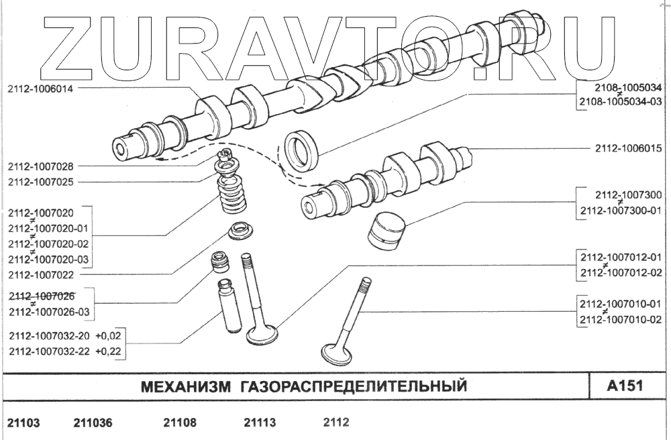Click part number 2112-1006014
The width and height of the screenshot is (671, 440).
pos(41,87)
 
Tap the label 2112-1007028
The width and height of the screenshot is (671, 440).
pos(41,166)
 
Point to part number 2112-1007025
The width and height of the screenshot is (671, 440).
pos(41,182)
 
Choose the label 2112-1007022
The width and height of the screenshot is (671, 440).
pos(41,274)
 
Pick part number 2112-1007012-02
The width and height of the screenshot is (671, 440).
pos(621,272)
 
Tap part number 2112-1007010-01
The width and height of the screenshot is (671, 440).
pos(621,304)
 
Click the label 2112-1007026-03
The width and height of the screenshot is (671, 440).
pos(48,312)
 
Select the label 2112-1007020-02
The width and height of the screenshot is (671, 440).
pos(48,243)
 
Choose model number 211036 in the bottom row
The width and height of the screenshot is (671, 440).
pos(93,423)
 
